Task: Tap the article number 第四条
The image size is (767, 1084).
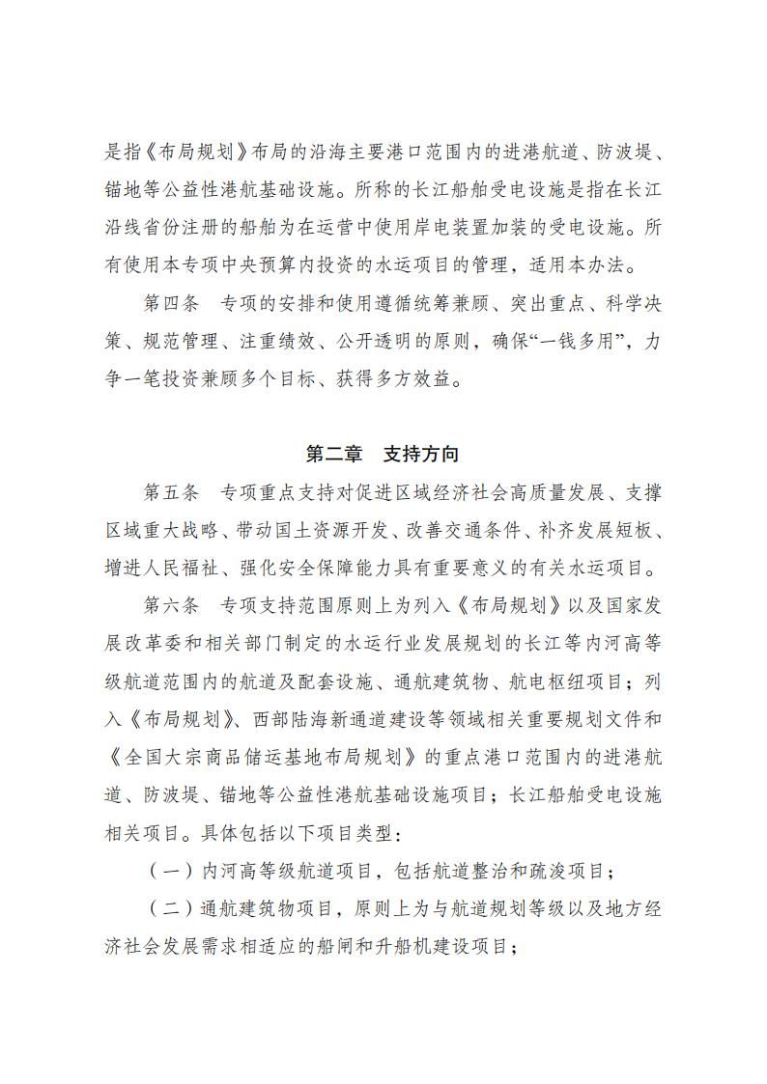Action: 170,303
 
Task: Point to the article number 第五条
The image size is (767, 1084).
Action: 170,492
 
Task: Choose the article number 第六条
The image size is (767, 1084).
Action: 170,606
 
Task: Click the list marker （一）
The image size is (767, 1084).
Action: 170,871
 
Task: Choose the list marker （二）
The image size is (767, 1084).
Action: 170,908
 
